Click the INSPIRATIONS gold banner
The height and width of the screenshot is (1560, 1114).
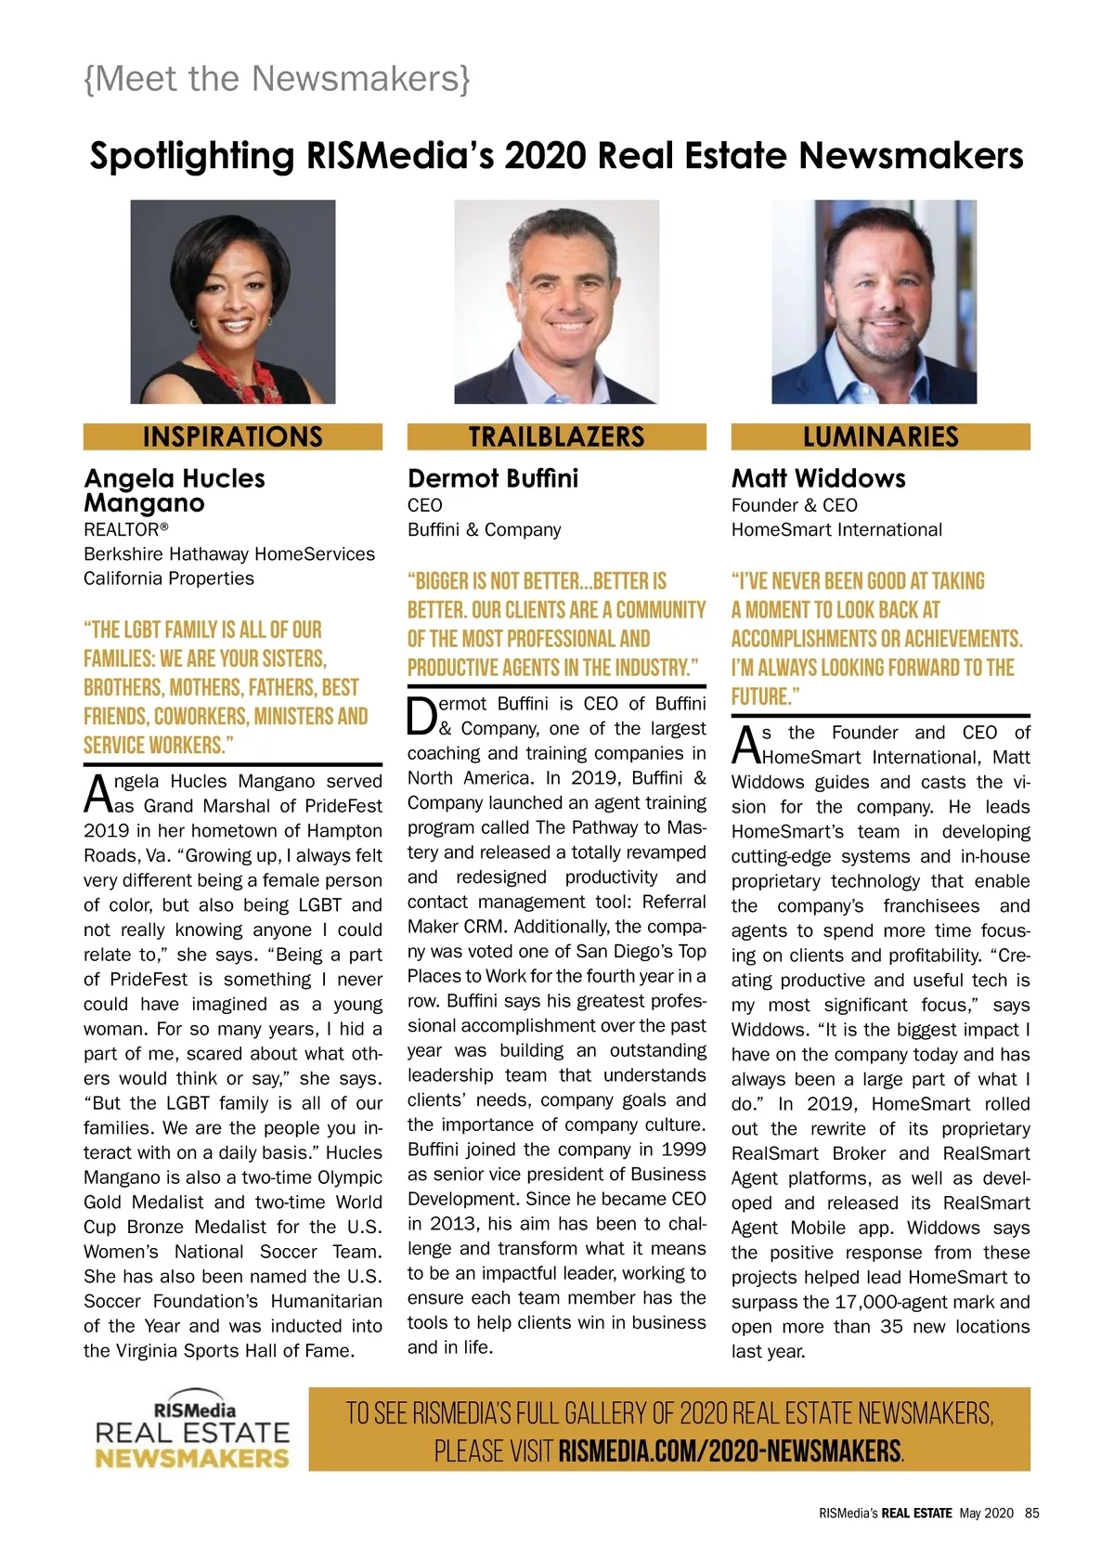(232, 436)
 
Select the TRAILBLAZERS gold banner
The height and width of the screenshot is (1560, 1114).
(556, 436)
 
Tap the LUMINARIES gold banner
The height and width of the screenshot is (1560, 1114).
(880, 436)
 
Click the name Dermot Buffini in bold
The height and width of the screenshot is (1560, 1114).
(493, 478)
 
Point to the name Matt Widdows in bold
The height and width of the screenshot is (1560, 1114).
(818, 478)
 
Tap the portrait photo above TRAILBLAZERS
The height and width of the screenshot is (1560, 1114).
(556, 302)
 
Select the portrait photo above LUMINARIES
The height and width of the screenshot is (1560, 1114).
(874, 302)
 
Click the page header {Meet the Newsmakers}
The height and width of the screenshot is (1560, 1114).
(277, 79)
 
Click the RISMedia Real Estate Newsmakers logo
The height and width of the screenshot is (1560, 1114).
(193, 1431)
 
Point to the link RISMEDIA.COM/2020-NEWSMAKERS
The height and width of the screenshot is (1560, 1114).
(730, 1450)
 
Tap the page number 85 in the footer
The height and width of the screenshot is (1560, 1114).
(1032, 1513)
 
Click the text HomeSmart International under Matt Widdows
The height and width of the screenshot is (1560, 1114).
(836, 530)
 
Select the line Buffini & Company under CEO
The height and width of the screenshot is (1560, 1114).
(484, 530)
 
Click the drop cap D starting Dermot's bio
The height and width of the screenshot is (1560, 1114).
(421, 715)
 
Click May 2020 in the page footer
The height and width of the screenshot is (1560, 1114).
(987, 1513)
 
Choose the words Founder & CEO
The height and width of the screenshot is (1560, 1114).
(794, 505)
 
